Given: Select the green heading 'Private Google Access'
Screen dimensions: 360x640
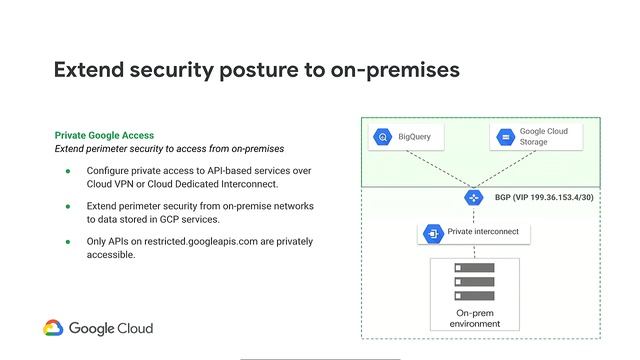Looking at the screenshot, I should [x=104, y=135].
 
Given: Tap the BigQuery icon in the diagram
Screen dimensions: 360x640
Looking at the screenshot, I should [x=383, y=137].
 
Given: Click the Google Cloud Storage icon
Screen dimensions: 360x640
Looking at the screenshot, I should [x=505, y=137].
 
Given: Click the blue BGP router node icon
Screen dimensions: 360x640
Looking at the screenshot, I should [x=474, y=198].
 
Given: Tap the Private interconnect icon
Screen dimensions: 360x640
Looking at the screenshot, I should [x=434, y=233].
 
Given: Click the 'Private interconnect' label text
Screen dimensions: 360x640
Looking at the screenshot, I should [x=483, y=233].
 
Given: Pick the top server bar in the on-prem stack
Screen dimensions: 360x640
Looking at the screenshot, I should [x=474, y=268].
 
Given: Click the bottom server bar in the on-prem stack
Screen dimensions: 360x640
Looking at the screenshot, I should [x=474, y=296].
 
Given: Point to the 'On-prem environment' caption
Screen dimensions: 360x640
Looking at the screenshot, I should [x=475, y=318].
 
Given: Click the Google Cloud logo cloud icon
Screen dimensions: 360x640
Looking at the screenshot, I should [x=53, y=328].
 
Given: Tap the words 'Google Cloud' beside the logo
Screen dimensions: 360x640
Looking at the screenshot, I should [x=112, y=328].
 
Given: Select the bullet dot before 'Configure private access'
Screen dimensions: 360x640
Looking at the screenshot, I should [x=69, y=171].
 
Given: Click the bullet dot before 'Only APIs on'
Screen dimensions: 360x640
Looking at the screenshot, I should [x=69, y=242].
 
